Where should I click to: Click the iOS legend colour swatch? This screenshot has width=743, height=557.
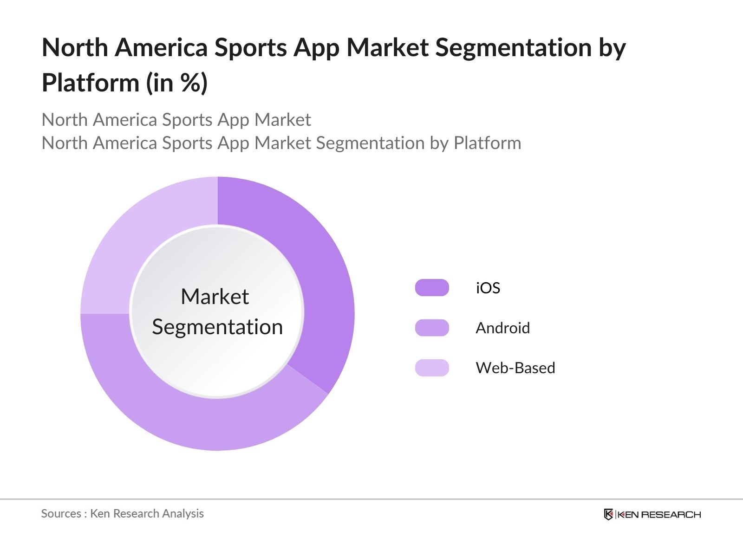(x=432, y=288)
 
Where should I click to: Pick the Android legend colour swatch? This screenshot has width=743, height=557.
(x=432, y=328)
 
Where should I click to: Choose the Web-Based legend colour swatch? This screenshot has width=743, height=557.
(x=432, y=368)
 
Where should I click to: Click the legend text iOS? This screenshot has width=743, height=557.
(x=488, y=288)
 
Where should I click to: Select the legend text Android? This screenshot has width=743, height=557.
(x=502, y=328)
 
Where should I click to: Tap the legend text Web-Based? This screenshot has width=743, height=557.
(x=515, y=368)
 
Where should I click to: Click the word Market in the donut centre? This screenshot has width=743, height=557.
(x=215, y=297)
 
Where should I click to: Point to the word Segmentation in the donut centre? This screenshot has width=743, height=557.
(x=217, y=327)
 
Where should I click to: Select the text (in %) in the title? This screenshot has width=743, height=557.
(x=177, y=83)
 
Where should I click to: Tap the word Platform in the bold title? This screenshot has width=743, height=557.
(x=91, y=83)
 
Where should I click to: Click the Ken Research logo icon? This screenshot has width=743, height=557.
(x=608, y=514)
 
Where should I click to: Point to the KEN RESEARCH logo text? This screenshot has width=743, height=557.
(x=659, y=514)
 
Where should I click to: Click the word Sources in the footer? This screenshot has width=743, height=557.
(x=61, y=513)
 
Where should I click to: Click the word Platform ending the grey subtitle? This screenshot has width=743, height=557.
(x=487, y=143)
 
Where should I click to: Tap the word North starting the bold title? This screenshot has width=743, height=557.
(x=75, y=48)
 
